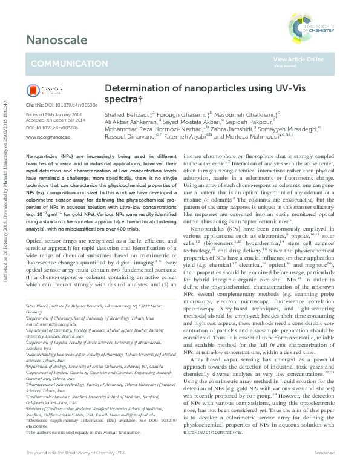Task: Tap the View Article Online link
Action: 298,59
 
